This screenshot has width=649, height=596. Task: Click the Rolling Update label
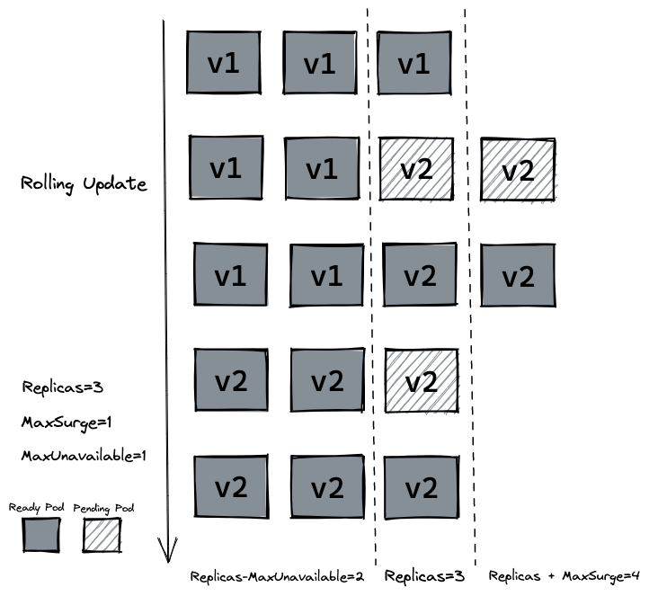coord(84,183)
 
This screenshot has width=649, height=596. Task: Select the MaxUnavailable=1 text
coord(84,456)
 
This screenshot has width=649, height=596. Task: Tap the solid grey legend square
coord(40,537)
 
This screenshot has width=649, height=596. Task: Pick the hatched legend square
coord(101,537)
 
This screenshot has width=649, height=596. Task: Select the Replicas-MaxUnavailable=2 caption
coord(277,575)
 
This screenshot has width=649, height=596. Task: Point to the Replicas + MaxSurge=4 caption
coord(564,575)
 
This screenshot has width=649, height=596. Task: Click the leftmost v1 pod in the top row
coord(224,63)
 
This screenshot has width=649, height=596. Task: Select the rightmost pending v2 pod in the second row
coord(518,169)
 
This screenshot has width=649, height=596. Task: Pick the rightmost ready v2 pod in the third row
coord(518,275)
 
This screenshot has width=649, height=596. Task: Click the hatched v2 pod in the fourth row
coord(420,381)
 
